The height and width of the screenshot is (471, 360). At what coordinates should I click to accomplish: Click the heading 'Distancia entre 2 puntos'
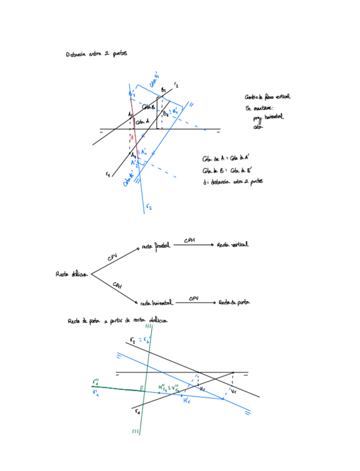point(96,54)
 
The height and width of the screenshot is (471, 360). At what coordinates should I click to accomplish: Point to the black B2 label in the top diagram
point(164,90)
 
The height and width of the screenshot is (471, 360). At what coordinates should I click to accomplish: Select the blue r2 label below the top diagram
point(148,207)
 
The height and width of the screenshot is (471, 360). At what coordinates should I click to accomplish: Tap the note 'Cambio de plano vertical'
point(267,97)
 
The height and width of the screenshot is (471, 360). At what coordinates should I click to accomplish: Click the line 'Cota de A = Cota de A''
point(225,158)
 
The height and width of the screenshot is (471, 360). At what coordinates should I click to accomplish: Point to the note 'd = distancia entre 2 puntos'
point(233,182)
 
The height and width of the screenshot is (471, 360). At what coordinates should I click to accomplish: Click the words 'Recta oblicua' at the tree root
point(72,274)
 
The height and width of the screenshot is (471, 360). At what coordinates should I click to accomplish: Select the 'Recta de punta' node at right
point(233,303)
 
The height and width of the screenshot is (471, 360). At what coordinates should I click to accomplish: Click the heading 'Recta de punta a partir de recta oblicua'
point(117,321)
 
